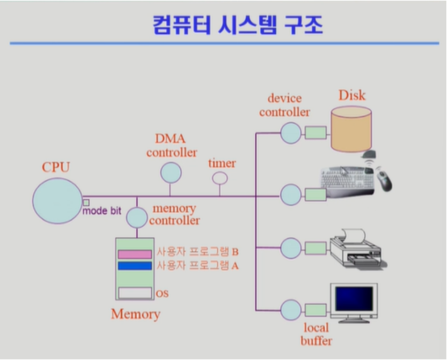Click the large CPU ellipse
[x=57, y=201]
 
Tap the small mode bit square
[x=85, y=202]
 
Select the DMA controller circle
[x=170, y=172]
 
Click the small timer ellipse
[x=220, y=178]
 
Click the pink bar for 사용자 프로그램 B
[x=135, y=254]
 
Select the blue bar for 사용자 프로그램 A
[x=135, y=265]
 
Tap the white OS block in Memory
[x=135, y=293]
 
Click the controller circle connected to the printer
[x=291, y=248]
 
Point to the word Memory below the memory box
[x=135, y=314]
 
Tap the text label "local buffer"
[x=316, y=333]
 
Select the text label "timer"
[x=222, y=163]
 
